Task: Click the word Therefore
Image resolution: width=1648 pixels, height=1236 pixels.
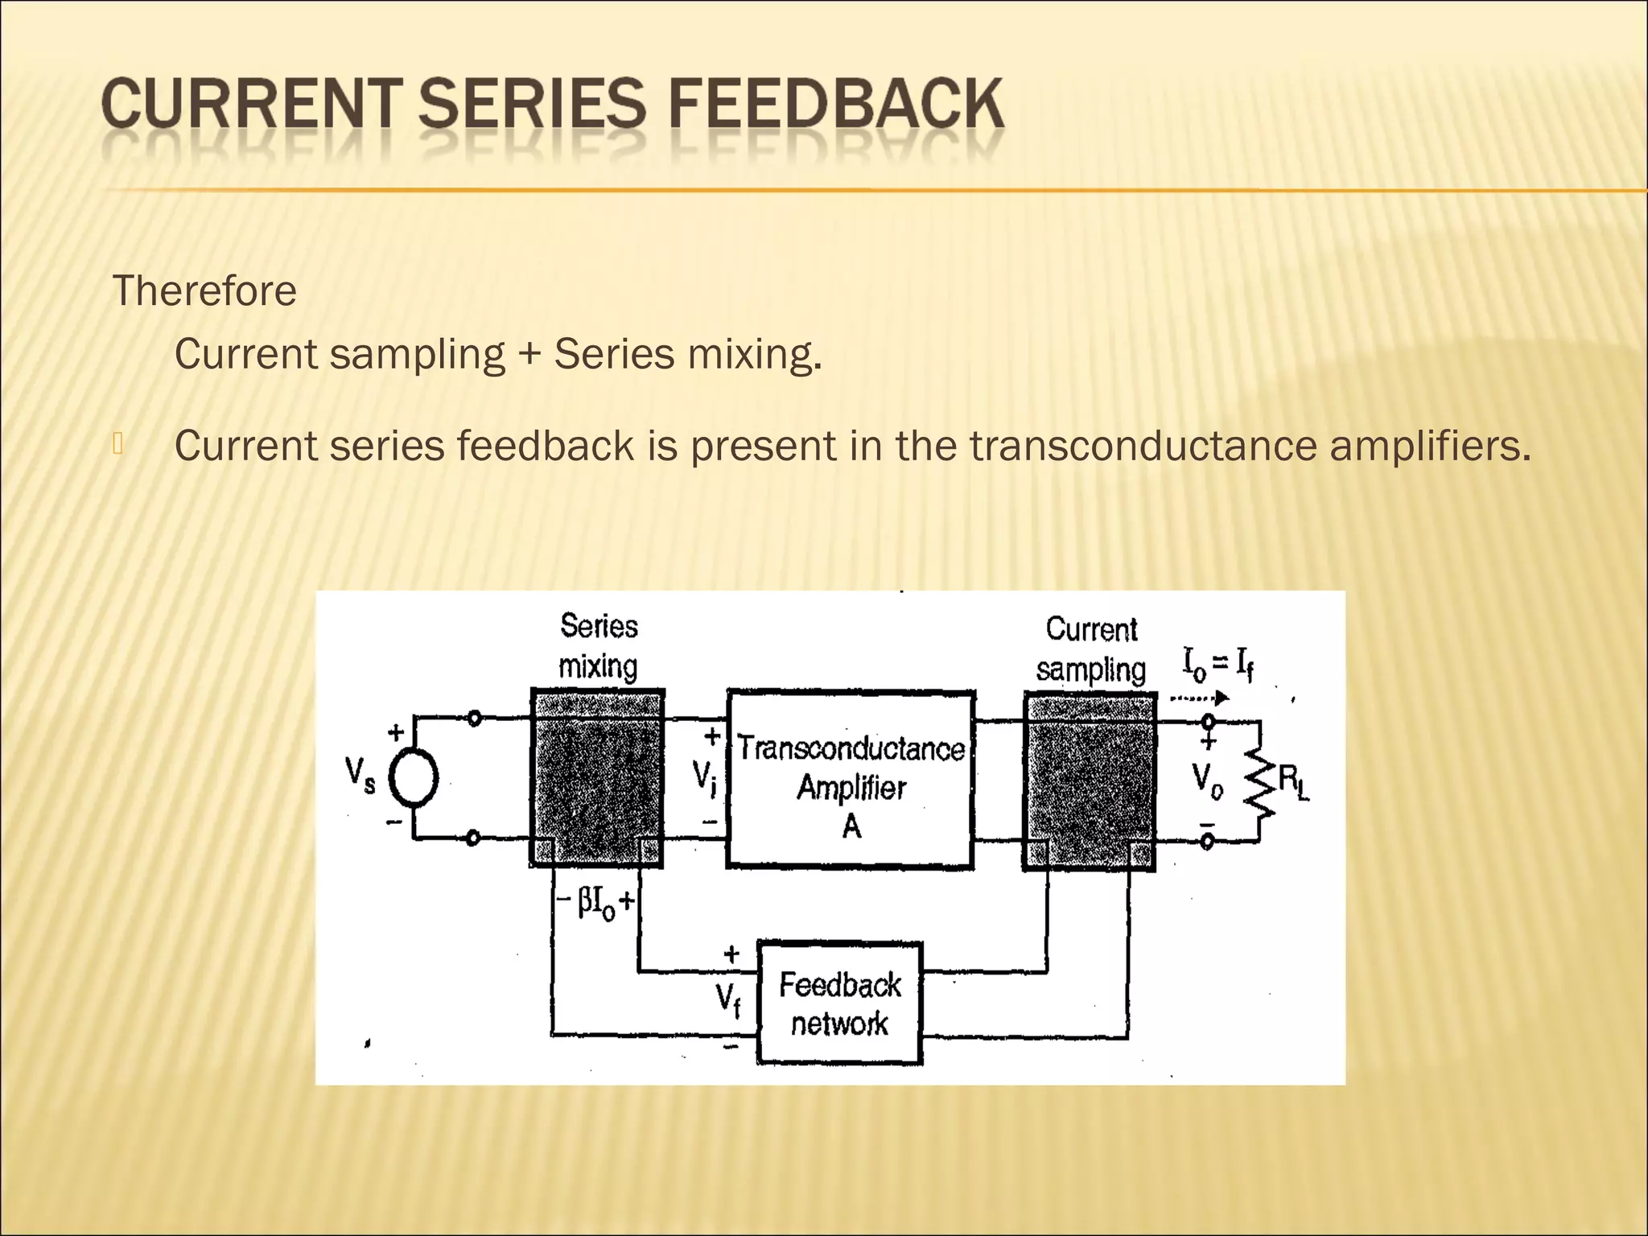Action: point(204,291)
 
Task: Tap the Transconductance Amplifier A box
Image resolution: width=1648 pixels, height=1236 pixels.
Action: point(851,778)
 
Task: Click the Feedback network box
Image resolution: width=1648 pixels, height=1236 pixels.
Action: point(839,1003)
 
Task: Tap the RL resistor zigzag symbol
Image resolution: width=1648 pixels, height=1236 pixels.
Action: point(1259,779)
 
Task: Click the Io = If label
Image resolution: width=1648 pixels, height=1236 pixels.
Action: point(1217,665)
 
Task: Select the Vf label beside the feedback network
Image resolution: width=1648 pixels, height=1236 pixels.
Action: point(728,1000)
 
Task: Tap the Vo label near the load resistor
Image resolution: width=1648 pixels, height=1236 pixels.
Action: point(1207,779)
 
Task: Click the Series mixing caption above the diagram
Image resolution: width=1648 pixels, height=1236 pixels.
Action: point(599,646)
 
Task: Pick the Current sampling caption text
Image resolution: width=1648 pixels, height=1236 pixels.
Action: point(1090,649)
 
